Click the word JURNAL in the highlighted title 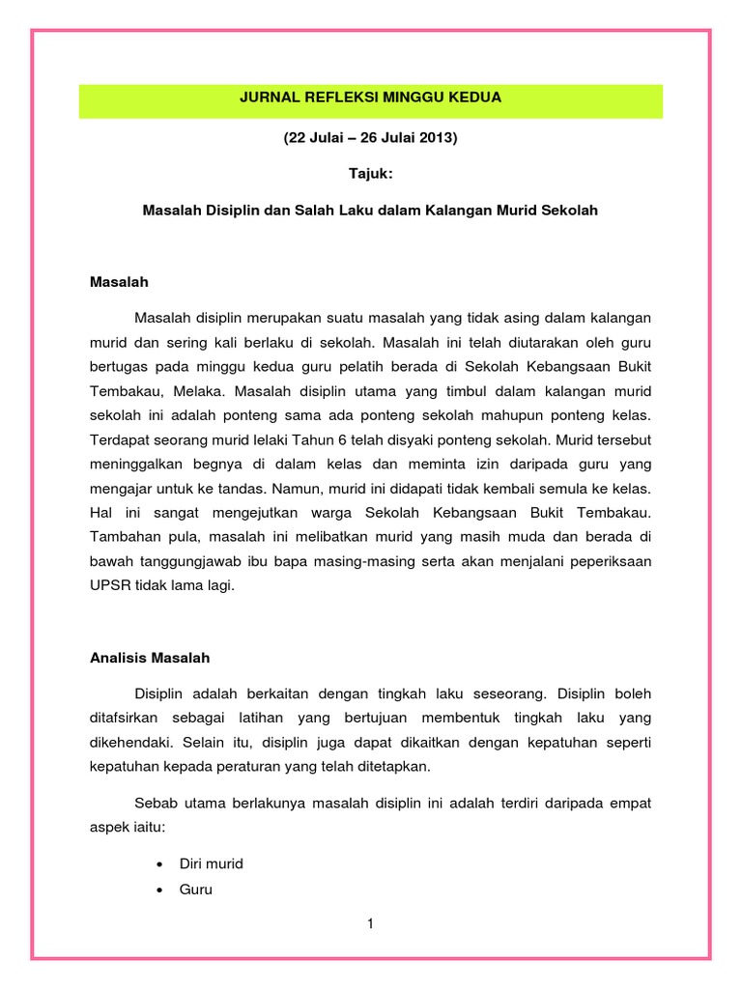click(267, 98)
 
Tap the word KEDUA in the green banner click(476, 98)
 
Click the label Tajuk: click(370, 173)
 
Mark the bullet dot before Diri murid click(157, 863)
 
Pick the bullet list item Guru click(196, 889)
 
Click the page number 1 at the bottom click(370, 924)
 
